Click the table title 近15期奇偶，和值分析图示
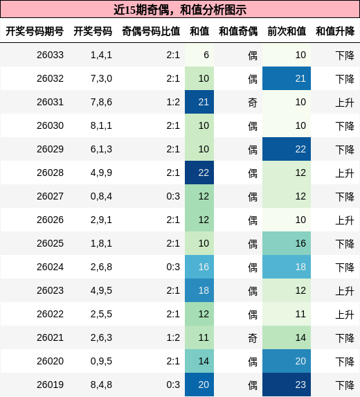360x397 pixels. pyautogui.click(x=180, y=10)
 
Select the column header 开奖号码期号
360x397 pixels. pyautogui.click(x=35, y=31)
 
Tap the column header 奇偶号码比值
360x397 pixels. pyautogui.click(x=150, y=31)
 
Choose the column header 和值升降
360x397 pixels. pyautogui.click(x=335, y=31)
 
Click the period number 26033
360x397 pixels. pyautogui.click(x=50, y=55)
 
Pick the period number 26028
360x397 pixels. pyautogui.click(x=50, y=173)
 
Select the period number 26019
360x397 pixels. pyautogui.click(x=50, y=385)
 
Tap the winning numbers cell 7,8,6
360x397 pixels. pyautogui.click(x=101, y=103)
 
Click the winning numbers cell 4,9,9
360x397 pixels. pyautogui.click(x=101, y=173)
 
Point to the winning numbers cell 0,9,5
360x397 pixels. pyautogui.click(x=101, y=362)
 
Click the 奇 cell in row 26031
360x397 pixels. pyautogui.click(x=253, y=103)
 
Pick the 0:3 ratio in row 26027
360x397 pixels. pyautogui.click(x=173, y=197)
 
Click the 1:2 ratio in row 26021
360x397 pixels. pyautogui.click(x=173, y=338)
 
